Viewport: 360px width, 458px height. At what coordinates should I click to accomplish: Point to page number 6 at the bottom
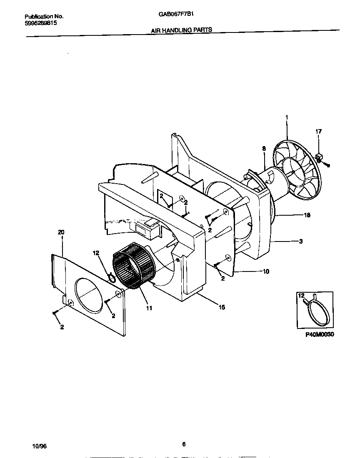pyautogui.click(x=184, y=444)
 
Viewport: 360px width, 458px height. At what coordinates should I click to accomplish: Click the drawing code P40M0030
pyautogui.click(x=317, y=334)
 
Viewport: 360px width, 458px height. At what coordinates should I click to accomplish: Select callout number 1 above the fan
pyautogui.click(x=287, y=118)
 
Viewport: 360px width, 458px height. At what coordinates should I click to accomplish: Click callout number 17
pyautogui.click(x=318, y=132)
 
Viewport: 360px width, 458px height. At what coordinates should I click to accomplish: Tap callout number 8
pyautogui.click(x=264, y=148)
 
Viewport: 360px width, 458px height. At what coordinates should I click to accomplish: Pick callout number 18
pyautogui.click(x=307, y=215)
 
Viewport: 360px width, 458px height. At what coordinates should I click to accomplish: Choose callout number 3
pyautogui.click(x=301, y=241)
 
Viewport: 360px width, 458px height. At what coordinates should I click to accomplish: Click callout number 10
pyautogui.click(x=265, y=271)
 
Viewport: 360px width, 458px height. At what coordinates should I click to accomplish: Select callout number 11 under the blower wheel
pyautogui.click(x=149, y=308)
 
